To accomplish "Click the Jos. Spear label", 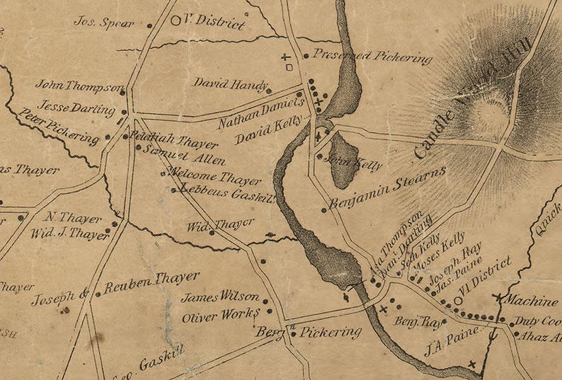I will (104, 22).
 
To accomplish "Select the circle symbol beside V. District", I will (176, 21).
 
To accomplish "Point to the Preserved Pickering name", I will (372, 56).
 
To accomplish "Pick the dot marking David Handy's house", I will (268, 91).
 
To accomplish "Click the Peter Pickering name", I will (59, 127).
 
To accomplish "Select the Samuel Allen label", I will (174, 156).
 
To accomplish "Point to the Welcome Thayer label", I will (206, 177).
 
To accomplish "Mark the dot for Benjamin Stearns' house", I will (324, 209).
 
